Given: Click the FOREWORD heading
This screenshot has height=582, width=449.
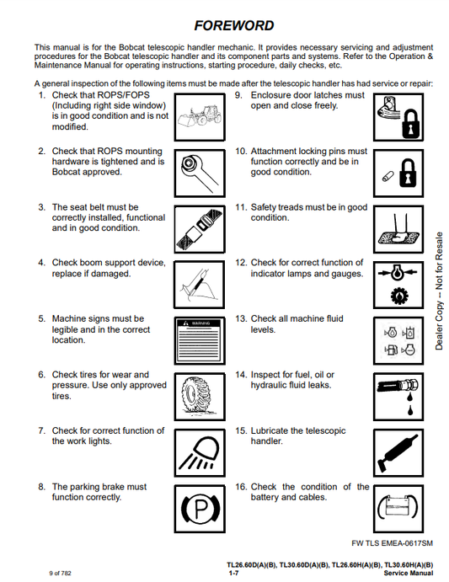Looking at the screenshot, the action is click(x=234, y=25).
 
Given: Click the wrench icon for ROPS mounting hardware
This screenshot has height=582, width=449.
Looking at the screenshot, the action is click(x=200, y=173).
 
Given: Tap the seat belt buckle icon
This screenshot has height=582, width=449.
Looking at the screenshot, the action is click(x=200, y=229).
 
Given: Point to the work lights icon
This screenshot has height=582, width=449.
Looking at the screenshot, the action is click(x=200, y=452).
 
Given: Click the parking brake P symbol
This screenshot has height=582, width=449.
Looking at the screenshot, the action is click(x=200, y=509).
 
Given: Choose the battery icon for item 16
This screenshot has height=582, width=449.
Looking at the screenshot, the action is click(x=398, y=509).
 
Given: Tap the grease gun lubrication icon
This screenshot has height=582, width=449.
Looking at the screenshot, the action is click(x=398, y=452).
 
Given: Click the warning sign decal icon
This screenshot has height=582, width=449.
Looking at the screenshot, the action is click(x=200, y=340).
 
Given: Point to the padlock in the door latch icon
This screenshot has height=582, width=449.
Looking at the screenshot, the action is click(x=410, y=125).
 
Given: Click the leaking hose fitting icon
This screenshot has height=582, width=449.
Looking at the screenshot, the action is click(x=398, y=397).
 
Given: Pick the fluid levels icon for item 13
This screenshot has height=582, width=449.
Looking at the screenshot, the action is click(x=398, y=340).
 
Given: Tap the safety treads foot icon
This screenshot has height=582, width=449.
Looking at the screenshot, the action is click(x=398, y=229).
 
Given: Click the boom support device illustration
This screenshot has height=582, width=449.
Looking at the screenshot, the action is click(x=200, y=285).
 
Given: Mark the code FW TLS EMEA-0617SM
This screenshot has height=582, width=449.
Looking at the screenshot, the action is click(x=393, y=543).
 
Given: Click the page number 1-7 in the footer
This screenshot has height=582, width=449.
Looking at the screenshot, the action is click(x=233, y=573).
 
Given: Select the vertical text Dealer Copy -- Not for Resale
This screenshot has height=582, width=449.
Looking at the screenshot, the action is click(x=440, y=291).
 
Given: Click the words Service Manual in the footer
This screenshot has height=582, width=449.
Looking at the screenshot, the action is click(x=409, y=573).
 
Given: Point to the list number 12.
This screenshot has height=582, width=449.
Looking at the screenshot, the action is click(x=241, y=263).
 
